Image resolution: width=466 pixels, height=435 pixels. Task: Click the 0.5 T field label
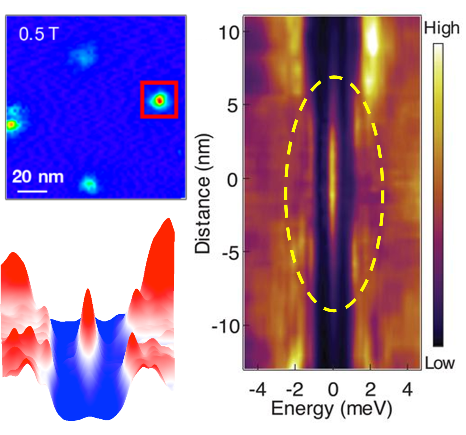(39, 34)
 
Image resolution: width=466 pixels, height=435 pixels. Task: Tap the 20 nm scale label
(38, 177)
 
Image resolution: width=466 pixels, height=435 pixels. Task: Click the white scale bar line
(32, 191)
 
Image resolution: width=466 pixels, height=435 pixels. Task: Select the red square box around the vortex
(159, 82)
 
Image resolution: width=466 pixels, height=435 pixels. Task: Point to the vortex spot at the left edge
(11, 125)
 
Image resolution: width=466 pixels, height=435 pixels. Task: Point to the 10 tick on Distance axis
(229, 33)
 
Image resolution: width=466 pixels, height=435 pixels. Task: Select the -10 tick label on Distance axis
(226, 326)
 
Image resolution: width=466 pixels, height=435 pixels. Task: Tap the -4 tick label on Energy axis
(257, 390)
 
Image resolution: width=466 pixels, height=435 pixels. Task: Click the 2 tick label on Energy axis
(370, 390)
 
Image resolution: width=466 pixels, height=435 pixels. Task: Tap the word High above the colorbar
(442, 28)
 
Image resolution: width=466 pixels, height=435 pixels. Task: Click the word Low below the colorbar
(440, 363)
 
